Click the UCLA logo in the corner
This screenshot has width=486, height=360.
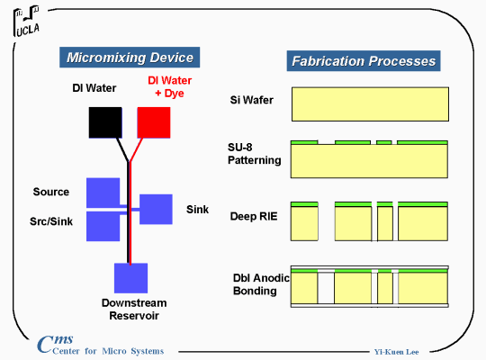tap(27, 21)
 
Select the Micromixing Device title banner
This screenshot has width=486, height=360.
tap(130, 58)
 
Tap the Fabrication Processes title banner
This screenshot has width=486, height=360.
tap(364, 61)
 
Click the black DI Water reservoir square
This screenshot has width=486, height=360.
tap(105, 122)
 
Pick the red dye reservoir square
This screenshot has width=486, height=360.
tap(154, 122)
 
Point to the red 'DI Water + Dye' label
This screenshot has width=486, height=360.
tap(169, 86)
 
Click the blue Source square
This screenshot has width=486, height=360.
tap(103, 193)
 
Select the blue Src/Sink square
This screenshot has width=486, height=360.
tap(103, 227)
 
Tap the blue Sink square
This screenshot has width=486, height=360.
tap(156, 210)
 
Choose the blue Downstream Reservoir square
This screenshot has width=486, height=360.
tap(130, 278)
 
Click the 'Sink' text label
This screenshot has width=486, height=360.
tap(197, 210)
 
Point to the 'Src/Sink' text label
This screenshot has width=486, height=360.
tap(51, 221)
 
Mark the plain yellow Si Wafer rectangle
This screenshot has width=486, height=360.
tap(370, 104)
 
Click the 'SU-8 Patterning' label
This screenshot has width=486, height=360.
tap(255, 154)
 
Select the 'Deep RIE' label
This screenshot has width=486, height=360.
tap(254, 216)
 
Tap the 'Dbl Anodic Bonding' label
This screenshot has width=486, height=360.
tap(261, 284)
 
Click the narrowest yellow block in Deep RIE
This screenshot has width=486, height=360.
tap(385, 223)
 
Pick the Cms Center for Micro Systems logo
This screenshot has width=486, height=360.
tap(100, 345)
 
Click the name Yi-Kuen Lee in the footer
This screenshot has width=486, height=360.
tap(396, 352)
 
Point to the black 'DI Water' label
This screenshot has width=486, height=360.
tap(94, 88)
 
